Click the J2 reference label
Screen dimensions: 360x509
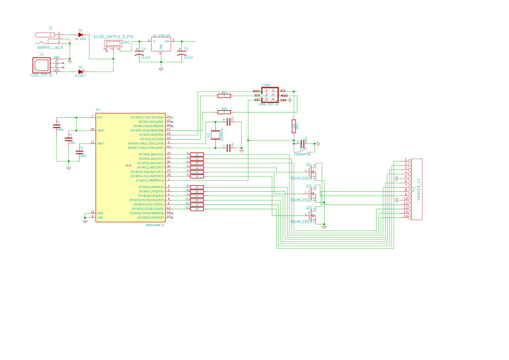[x=50, y=28]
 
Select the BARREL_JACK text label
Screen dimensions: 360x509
[x=50, y=47]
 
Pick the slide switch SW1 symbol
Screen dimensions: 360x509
[x=112, y=44]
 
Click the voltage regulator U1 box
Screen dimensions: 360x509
[x=161, y=44]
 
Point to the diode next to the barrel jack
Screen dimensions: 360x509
[x=80, y=34]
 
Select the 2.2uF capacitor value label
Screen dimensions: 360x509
[x=188, y=57]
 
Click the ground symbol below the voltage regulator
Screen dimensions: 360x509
[x=161, y=69]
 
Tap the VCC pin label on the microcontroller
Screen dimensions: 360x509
[x=100, y=117]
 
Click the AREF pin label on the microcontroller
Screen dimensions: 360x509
[x=101, y=143]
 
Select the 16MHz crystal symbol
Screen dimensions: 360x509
[x=215, y=135]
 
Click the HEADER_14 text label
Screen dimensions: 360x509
[x=419, y=189]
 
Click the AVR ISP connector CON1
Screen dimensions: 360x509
[x=270, y=95]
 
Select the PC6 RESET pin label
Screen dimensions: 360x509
[x=148, y=180]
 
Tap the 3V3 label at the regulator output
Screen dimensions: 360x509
[x=191, y=39]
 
